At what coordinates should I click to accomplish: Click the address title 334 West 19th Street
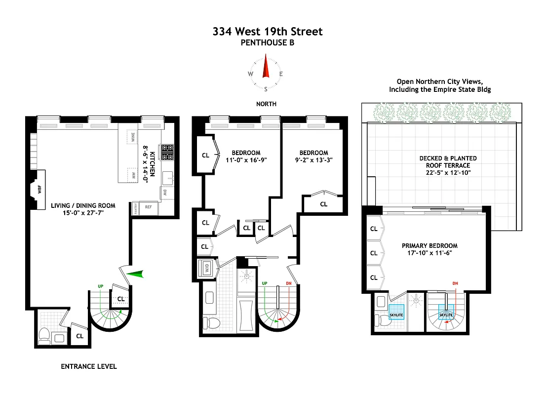click(x=267, y=32)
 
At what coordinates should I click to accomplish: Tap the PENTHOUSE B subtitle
click(x=267, y=43)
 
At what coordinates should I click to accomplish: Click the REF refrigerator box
click(x=149, y=208)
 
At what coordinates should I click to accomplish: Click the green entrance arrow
click(x=135, y=275)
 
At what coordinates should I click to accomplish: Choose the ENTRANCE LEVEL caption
click(x=89, y=366)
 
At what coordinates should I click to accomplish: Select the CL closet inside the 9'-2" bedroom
click(x=323, y=204)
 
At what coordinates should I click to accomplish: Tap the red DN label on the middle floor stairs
click(x=289, y=283)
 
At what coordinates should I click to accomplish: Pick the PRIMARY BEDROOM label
click(x=429, y=245)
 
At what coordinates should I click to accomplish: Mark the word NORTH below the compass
click(x=266, y=104)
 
